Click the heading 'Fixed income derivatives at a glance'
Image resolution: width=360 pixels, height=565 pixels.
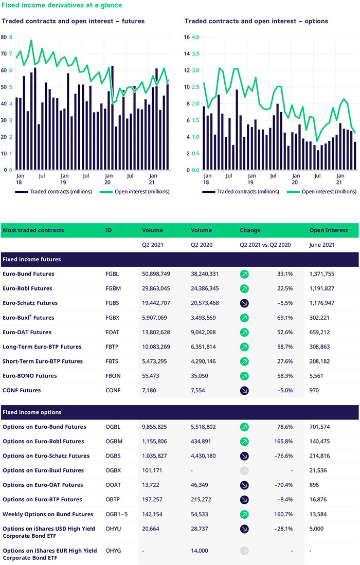coord(62,6)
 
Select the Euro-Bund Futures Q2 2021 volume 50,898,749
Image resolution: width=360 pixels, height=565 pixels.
coord(156,274)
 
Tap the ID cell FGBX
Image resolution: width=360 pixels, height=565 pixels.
coord(113,318)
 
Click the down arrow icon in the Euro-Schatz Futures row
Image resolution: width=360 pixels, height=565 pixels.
coord(244,303)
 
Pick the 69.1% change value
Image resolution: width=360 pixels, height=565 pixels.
coord(285,318)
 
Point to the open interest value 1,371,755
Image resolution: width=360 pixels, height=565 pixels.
coord(322,274)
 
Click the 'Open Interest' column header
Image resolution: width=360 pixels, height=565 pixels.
coord(329,230)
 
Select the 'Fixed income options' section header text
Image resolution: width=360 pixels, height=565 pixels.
coord(32,412)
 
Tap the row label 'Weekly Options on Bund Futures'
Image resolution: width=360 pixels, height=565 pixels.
coord(48,514)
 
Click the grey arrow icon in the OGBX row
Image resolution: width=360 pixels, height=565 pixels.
coord(244,470)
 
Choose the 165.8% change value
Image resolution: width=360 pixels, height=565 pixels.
coord(283,442)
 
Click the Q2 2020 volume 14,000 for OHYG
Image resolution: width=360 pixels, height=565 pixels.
coord(199,551)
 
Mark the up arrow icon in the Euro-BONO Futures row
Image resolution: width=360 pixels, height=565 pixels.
coord(244,376)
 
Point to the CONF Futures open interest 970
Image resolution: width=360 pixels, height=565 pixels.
coord(314,390)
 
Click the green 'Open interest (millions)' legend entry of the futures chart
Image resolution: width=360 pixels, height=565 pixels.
coord(134,192)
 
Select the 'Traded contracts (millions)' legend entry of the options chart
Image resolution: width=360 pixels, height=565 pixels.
coord(241,192)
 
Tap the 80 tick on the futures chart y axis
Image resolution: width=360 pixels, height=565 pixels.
coord(4,37)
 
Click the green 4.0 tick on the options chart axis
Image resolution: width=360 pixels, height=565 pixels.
coord(195,37)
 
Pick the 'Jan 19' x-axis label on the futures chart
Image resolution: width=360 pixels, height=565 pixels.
coord(64,179)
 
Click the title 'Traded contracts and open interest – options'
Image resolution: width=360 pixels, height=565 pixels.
coord(256,21)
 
